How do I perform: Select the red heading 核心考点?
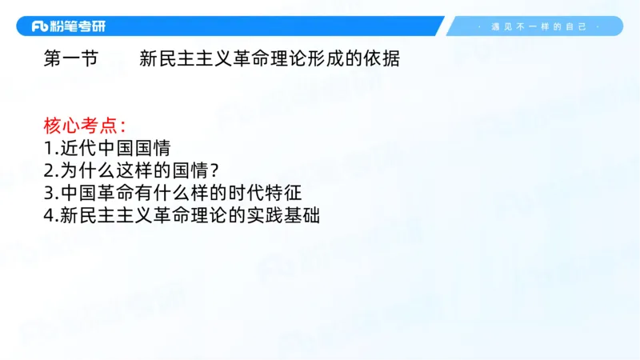click(80, 126)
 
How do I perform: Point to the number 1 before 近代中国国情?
click(48, 148)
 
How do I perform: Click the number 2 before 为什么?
click(48, 170)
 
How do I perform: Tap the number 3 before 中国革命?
click(48, 193)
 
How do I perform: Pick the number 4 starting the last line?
click(48, 215)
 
